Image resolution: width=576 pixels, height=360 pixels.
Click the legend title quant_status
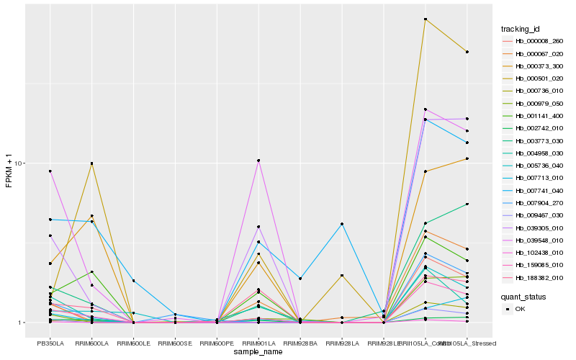pos(524,296)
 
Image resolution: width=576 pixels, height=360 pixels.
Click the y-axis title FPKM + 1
pos(9,171)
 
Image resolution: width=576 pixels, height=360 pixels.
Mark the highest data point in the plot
pos(426,19)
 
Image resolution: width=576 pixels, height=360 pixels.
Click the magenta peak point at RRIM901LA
pos(258,160)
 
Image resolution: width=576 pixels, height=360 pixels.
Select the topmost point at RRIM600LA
pos(91,163)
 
